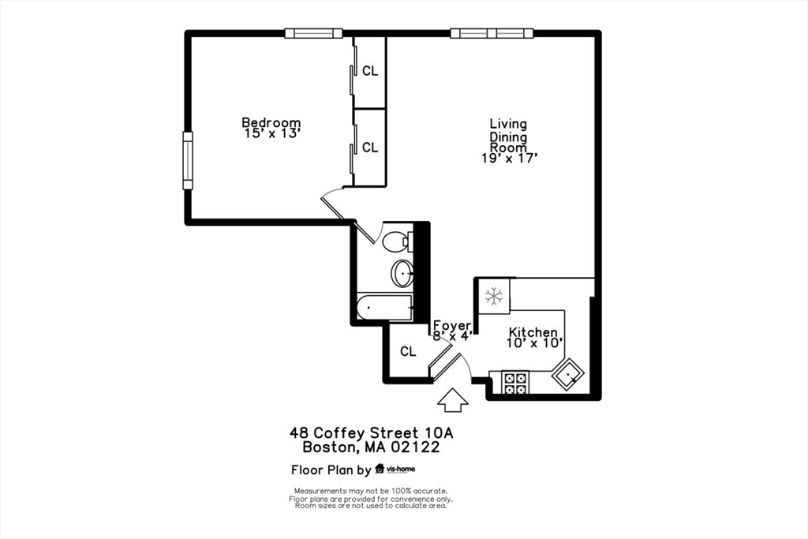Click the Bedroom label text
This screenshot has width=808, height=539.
[x=271, y=122]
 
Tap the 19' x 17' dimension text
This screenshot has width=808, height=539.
[x=510, y=159]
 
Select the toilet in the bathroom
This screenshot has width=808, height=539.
[x=397, y=241]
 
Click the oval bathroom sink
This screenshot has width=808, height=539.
[x=402, y=274]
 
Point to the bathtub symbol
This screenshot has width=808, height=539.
[x=384, y=308]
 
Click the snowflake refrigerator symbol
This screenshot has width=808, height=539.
[x=494, y=297]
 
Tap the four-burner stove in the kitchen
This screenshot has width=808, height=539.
[x=515, y=383]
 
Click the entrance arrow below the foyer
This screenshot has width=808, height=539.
[x=452, y=400]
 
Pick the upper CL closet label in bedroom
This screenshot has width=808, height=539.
[x=370, y=71]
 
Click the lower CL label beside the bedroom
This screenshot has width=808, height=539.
[x=370, y=148]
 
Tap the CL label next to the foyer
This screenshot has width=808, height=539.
[x=407, y=352]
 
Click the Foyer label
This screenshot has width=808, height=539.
[x=452, y=325]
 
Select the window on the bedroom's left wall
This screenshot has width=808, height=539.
[x=188, y=160]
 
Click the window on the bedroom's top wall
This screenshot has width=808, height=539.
[x=313, y=33]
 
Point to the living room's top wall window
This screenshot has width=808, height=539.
[x=492, y=33]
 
